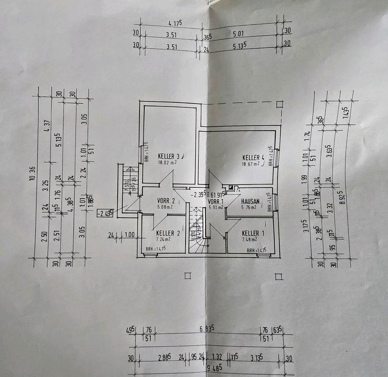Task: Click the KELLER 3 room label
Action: pyautogui.click(x=169, y=156)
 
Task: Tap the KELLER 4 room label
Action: pyautogui.click(x=253, y=157)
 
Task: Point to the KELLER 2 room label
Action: pyautogui.click(x=168, y=233)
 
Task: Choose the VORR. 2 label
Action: pyautogui.click(x=165, y=201)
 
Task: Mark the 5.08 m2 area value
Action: pyautogui.click(x=165, y=207)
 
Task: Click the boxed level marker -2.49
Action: pyautogui.click(x=104, y=212)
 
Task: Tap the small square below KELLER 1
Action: pyautogui.click(x=278, y=277)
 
